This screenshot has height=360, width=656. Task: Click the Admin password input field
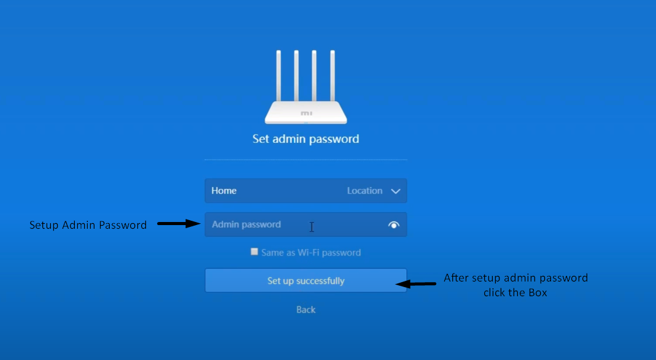pyautogui.click(x=306, y=224)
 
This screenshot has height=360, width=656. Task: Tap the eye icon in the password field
pyautogui.click(x=394, y=225)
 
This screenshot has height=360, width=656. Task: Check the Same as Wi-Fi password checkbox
pyautogui.click(x=254, y=251)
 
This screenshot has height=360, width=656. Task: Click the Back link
pyautogui.click(x=306, y=310)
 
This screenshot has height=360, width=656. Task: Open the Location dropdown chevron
pyautogui.click(x=395, y=191)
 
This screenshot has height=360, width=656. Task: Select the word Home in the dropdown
pyautogui.click(x=224, y=191)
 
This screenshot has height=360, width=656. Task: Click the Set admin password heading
pyautogui.click(x=306, y=139)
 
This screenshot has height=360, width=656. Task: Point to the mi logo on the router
pyautogui.click(x=306, y=113)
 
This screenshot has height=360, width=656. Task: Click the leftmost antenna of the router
pyautogui.click(x=279, y=75)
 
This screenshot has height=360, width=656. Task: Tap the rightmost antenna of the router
pyautogui.click(x=333, y=75)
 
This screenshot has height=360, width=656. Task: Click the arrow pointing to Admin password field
pyautogui.click(x=179, y=224)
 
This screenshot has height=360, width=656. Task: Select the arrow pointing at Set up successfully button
pyautogui.click(x=416, y=284)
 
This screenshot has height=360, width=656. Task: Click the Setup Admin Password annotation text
pyautogui.click(x=88, y=225)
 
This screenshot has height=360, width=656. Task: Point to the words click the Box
pyautogui.click(x=515, y=293)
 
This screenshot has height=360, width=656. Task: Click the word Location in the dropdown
pyautogui.click(x=365, y=191)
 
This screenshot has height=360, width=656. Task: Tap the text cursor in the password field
pyautogui.click(x=312, y=227)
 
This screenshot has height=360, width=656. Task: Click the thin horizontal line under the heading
pyautogui.click(x=306, y=159)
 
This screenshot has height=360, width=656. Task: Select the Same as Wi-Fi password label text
pyautogui.click(x=311, y=253)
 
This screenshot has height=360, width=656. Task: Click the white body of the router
pyautogui.click(x=306, y=112)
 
